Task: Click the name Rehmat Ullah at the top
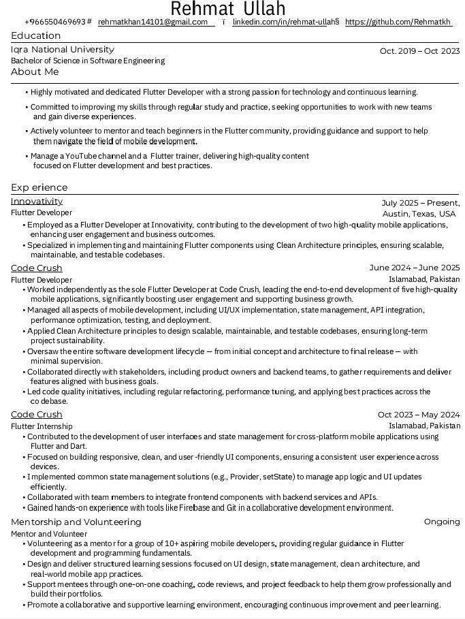click(x=227, y=8)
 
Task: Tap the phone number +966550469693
click(x=54, y=22)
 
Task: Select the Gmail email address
click(x=153, y=22)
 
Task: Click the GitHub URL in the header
click(x=398, y=22)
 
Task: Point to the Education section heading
click(x=36, y=35)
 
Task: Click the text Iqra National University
click(x=62, y=50)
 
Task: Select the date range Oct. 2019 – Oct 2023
click(x=419, y=51)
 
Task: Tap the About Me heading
click(x=35, y=72)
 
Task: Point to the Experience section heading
click(x=39, y=187)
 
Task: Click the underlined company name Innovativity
click(x=37, y=202)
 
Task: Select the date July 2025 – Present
click(x=420, y=203)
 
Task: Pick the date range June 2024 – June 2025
click(x=414, y=268)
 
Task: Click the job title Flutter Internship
click(x=42, y=426)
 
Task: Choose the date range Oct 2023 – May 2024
click(x=419, y=415)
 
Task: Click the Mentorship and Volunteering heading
click(x=76, y=522)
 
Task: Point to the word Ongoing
click(x=442, y=522)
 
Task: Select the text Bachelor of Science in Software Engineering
click(x=88, y=61)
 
